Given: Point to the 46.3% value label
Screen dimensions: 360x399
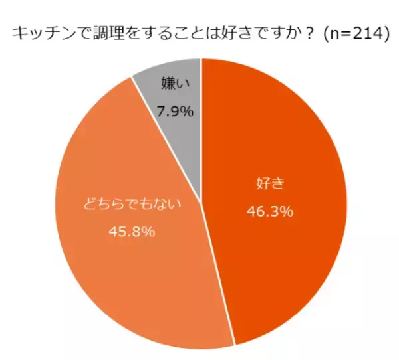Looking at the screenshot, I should pyautogui.click(x=270, y=212).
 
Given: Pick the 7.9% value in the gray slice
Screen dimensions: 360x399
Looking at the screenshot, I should pyautogui.click(x=176, y=111).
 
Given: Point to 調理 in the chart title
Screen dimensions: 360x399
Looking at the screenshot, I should pyautogui.click(x=108, y=34).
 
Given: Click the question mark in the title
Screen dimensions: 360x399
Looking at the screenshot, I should pyautogui.click(x=307, y=34).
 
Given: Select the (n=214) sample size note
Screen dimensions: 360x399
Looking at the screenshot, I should pyautogui.click(x=354, y=34).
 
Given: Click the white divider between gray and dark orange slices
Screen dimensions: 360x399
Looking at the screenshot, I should pyautogui.click(x=201, y=126).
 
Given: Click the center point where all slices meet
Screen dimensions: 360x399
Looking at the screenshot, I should pyautogui.click(x=201, y=203).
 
